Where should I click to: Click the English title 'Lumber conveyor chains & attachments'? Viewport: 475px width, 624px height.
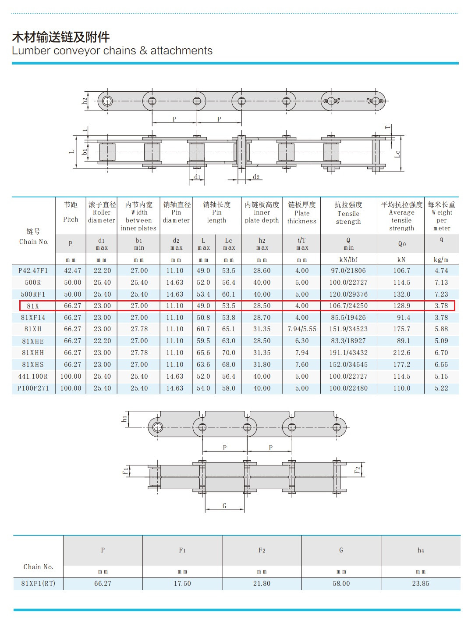pos(112,51)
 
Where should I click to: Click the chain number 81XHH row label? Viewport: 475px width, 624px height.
pos(33,353)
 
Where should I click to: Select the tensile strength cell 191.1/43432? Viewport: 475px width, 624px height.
pos(348,353)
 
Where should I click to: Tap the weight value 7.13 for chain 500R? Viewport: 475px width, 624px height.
pos(441,283)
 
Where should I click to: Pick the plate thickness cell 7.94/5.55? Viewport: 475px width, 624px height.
pos(302,329)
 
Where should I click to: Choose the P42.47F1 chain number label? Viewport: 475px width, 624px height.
pos(33,271)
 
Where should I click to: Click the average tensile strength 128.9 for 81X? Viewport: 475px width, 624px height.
pos(401,306)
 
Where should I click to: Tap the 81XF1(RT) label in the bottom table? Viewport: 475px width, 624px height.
pos(38,584)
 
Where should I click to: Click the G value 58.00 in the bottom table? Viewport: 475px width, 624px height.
pos(341,584)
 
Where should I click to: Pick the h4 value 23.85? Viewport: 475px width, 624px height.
pos(420,584)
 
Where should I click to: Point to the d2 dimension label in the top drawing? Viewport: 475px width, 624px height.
pos(256,177)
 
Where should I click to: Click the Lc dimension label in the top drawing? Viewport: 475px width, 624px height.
pos(397,154)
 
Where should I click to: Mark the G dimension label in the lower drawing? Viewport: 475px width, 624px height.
pos(224,506)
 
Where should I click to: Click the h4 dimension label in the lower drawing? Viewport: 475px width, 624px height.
pos(124,419)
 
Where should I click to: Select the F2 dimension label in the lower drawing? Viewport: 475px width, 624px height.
pos(357,470)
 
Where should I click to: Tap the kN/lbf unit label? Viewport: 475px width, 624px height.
pos(348,260)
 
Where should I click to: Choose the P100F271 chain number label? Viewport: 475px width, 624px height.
pos(33,388)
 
